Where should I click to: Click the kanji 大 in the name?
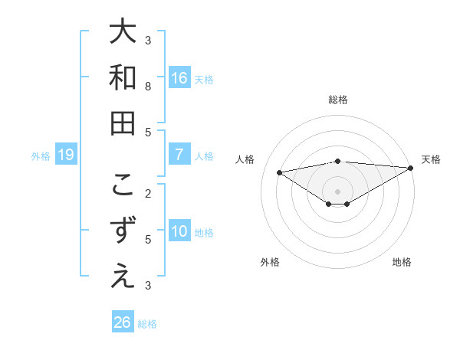(123, 32)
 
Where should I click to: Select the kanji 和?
(123, 77)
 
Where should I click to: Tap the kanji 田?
(123, 123)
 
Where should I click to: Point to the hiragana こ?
(123, 185)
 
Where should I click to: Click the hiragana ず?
(123, 231)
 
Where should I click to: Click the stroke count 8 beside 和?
(148, 87)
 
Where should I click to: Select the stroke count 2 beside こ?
(148, 193)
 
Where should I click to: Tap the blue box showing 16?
(179, 77)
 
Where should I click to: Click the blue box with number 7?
(179, 155)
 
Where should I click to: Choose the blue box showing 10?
(179, 231)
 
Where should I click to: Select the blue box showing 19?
(66, 155)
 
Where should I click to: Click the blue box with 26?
(122, 322)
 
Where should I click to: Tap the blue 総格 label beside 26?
(147, 324)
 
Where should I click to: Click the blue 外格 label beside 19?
(41, 156)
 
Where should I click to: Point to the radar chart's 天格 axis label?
(431, 159)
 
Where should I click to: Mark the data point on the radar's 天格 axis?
(411, 167)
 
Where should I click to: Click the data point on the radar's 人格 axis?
(279, 172)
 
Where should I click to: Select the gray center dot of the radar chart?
(337, 191)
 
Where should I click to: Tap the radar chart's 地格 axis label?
(402, 262)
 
